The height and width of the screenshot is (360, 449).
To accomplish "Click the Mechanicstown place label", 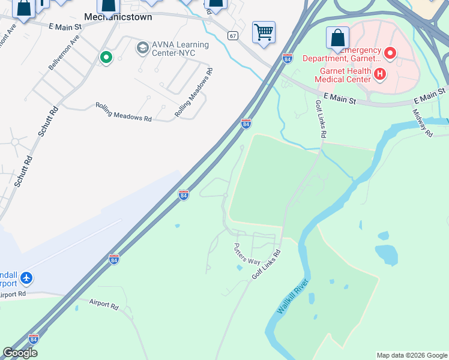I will (x=118, y=17).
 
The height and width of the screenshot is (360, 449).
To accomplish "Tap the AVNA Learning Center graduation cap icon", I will (x=142, y=47).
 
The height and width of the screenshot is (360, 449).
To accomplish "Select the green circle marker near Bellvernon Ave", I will (x=106, y=58).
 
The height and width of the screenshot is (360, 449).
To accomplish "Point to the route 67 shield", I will (x=233, y=36).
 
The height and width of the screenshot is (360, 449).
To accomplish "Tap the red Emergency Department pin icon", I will (x=390, y=54).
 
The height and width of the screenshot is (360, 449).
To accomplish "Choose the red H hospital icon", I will (x=379, y=74).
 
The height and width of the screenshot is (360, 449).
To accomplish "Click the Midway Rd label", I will (x=423, y=122).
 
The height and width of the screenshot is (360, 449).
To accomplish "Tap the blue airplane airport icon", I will (x=26, y=278).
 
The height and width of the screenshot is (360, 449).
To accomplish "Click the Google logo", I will (x=20, y=353).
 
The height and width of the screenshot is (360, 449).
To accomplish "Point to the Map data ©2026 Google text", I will (x=412, y=355).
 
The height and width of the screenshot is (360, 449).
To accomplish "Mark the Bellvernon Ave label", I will (x=64, y=52).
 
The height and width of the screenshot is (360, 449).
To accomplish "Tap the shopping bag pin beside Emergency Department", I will (x=338, y=38).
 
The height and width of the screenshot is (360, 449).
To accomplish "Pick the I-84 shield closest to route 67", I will (x=288, y=58).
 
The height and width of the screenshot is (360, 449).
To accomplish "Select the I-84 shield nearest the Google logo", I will (x=34, y=339).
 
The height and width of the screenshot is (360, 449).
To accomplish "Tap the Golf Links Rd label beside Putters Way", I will (x=266, y=264).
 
